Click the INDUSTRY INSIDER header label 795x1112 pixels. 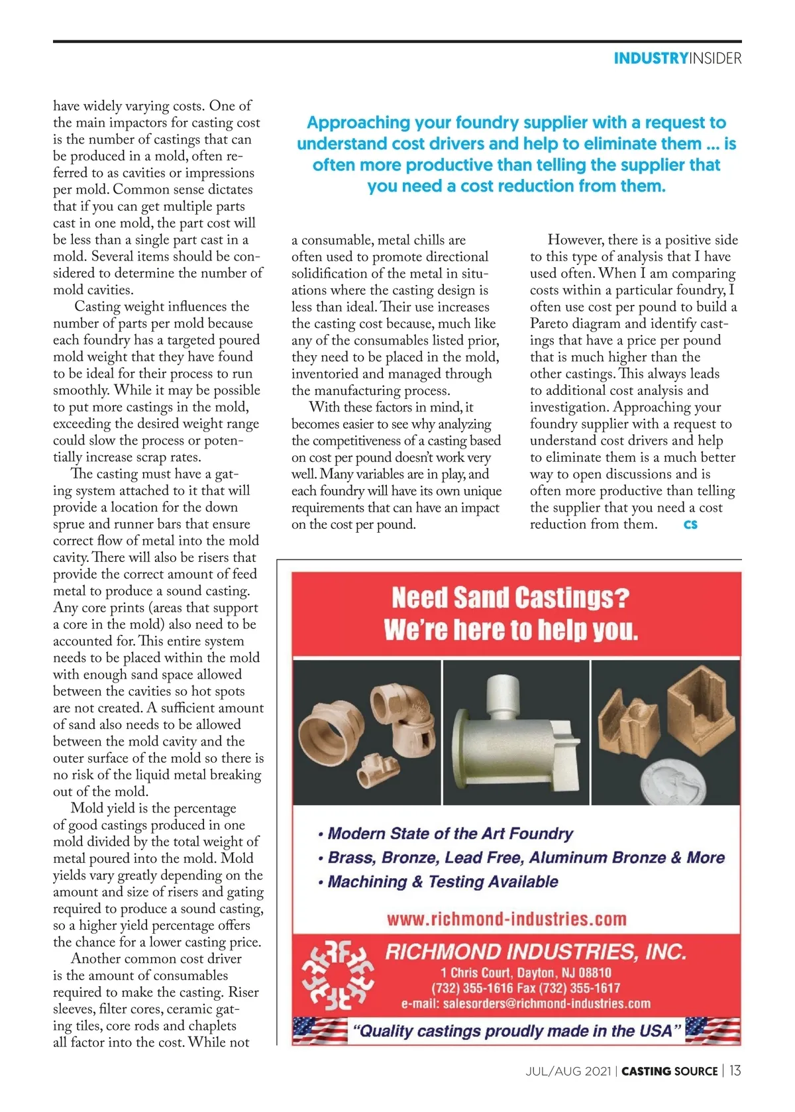(677, 58)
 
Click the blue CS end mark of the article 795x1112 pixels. (690, 525)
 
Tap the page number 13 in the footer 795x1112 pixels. (735, 1070)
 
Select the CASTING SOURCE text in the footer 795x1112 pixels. (669, 1071)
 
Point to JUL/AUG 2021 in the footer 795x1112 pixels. (568, 1071)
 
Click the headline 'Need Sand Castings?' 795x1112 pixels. (509, 598)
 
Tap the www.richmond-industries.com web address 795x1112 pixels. (507, 919)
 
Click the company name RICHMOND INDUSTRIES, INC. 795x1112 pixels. (535, 952)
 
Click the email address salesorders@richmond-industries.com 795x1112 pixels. (526, 1003)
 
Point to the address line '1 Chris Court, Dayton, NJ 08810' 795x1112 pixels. (526, 972)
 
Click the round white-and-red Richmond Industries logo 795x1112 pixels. (337, 975)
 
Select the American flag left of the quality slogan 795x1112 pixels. (320, 1031)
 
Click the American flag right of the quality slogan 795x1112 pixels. (713, 1030)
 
